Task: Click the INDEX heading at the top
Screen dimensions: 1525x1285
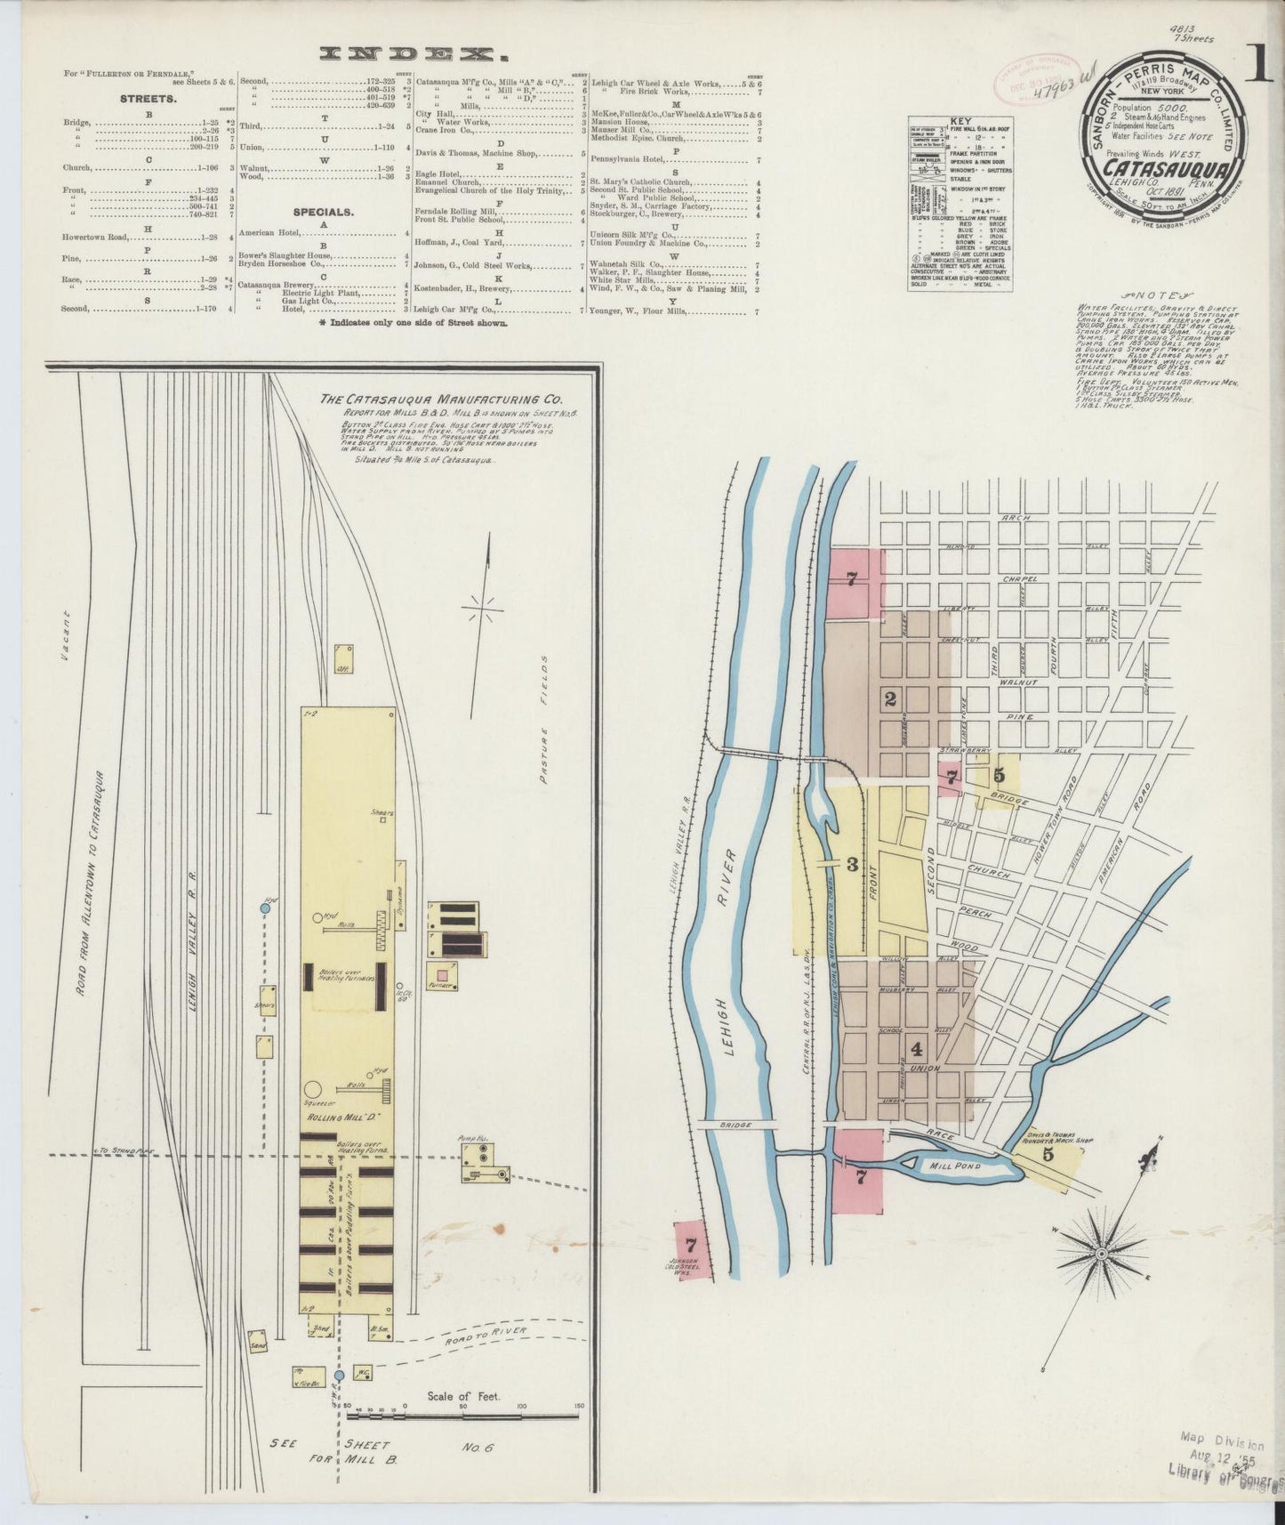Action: pyautogui.click(x=412, y=54)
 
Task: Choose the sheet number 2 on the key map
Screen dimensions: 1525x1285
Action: pyautogui.click(x=889, y=698)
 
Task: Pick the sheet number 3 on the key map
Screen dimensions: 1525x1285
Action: pyautogui.click(x=852, y=863)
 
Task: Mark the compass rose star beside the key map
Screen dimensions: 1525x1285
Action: pyautogui.click(x=1102, y=1255)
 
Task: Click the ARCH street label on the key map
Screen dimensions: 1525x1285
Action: pyautogui.click(x=1014, y=518)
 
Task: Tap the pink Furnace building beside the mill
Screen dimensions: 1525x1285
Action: pyautogui.click(x=442, y=975)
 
